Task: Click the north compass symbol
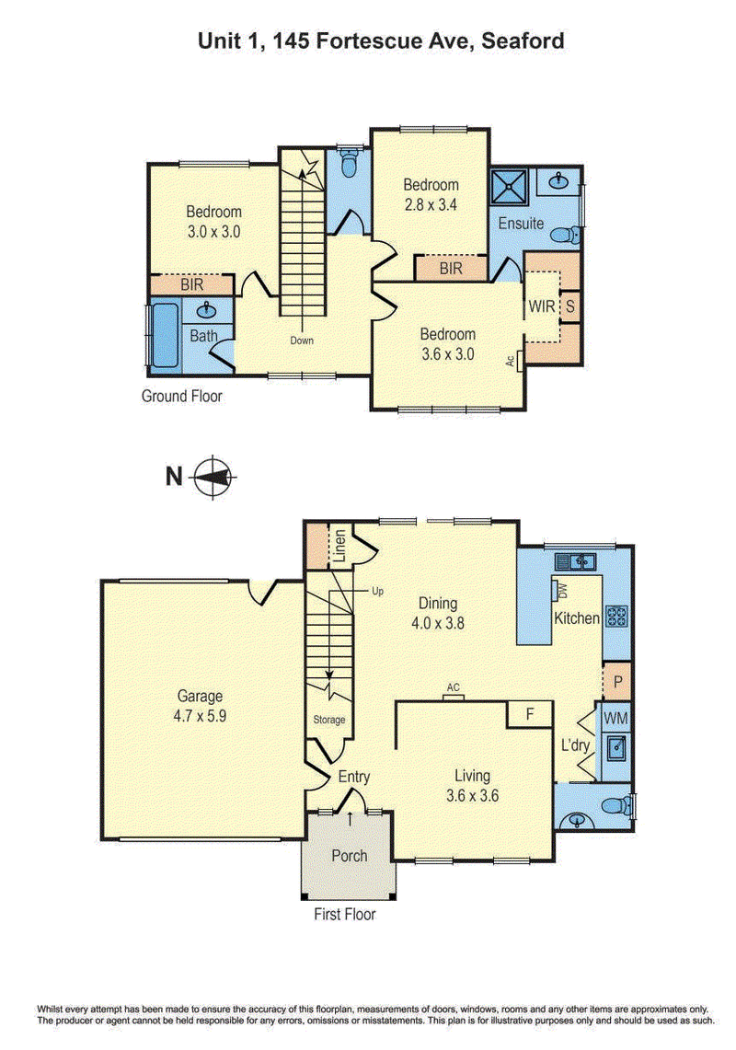(x=213, y=477)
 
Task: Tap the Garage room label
(x=200, y=696)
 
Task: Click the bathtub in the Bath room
(x=165, y=336)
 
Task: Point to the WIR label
(x=541, y=306)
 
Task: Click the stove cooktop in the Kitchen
(x=616, y=616)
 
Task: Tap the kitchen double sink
(x=575, y=561)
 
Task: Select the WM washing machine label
(x=615, y=719)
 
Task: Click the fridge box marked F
(x=529, y=714)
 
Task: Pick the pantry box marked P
(x=617, y=682)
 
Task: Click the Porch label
(x=349, y=856)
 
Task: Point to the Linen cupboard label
(x=339, y=546)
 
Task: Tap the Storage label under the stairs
(x=328, y=720)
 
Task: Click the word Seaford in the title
(x=523, y=40)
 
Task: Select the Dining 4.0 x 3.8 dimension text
(x=437, y=623)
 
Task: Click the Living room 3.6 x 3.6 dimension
(x=472, y=796)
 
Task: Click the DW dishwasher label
(x=562, y=592)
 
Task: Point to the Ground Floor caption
(x=181, y=396)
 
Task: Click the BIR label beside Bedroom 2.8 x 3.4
(x=451, y=269)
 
